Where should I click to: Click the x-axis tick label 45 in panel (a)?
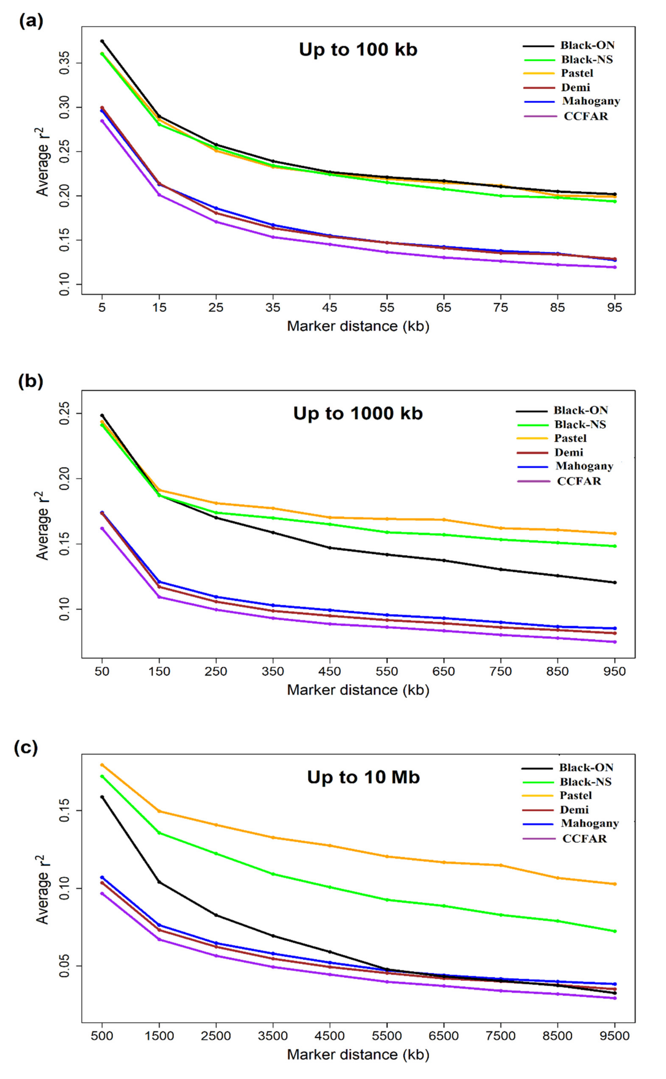coord(330,307)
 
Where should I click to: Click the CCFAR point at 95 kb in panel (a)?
coord(615,267)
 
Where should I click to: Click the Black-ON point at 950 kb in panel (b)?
coord(615,582)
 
